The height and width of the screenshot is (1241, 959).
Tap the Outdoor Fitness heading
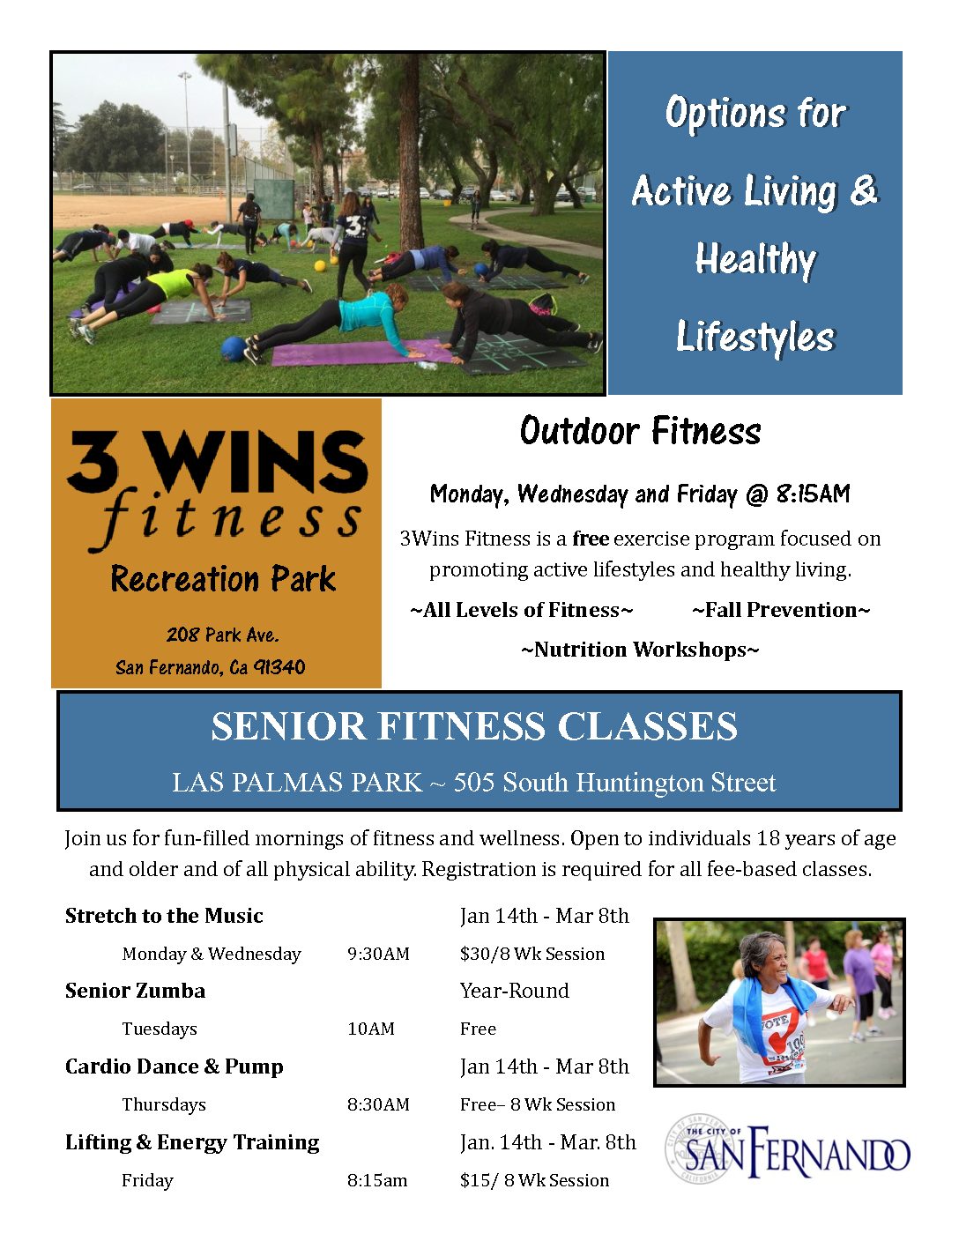click(x=640, y=431)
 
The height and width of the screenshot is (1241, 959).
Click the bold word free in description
click(x=591, y=539)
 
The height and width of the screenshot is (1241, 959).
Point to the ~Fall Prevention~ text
click(x=781, y=610)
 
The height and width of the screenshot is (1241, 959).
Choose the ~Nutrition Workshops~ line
click(x=640, y=650)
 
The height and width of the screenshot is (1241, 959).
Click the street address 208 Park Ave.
click(x=222, y=635)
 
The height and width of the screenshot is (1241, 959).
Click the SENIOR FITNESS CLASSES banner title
click(x=474, y=726)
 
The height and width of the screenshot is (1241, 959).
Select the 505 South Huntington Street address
click(x=614, y=783)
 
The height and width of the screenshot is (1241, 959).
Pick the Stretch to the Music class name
click(x=164, y=916)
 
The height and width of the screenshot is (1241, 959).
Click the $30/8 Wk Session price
click(x=532, y=954)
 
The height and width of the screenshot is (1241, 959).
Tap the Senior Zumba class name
click(x=136, y=991)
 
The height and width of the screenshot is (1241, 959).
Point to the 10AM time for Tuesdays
click(x=371, y=1029)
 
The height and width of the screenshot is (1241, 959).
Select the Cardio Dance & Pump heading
click(x=175, y=1066)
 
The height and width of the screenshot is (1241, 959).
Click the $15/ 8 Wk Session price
click(x=534, y=1180)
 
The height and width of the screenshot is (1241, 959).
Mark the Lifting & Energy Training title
click(x=192, y=1143)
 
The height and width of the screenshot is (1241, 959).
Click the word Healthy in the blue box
click(x=755, y=260)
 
